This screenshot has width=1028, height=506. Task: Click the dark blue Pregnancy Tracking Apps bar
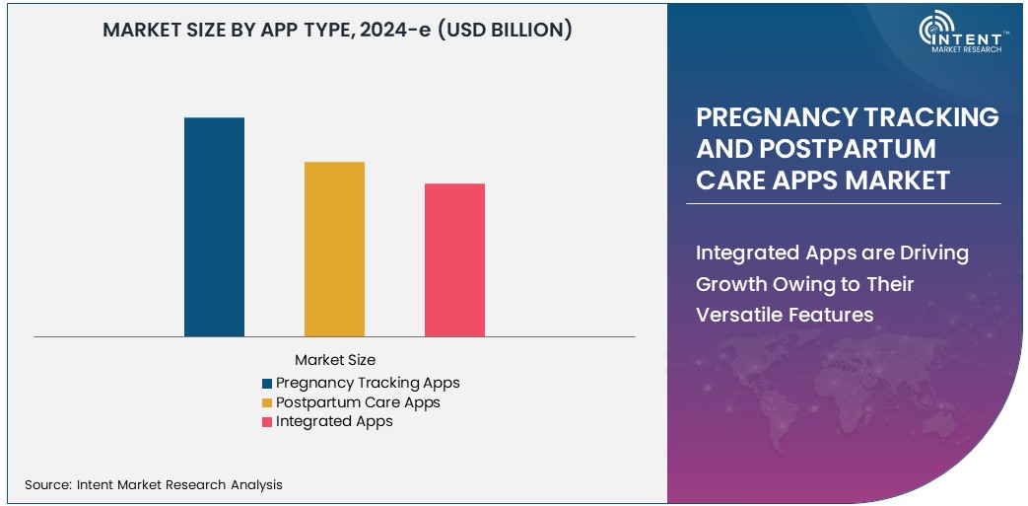click(x=214, y=227)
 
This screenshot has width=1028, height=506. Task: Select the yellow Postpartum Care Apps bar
click(x=334, y=249)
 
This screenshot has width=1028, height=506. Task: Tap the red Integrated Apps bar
click(x=454, y=259)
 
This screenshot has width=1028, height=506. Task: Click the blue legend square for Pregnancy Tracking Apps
click(x=267, y=384)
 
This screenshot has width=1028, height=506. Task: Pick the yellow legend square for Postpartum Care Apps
click(x=267, y=403)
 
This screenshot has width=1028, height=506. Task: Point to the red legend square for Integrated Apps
click(x=267, y=422)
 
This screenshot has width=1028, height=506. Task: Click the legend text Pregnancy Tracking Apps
click(x=368, y=383)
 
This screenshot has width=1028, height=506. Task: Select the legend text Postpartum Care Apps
click(x=358, y=402)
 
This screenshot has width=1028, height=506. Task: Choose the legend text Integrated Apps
click(x=334, y=421)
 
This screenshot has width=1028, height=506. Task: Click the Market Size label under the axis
click(x=335, y=360)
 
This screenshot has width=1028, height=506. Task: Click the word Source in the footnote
click(x=46, y=484)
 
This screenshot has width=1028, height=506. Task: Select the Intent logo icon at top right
click(x=936, y=31)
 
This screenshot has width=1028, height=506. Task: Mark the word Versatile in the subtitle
click(x=737, y=316)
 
